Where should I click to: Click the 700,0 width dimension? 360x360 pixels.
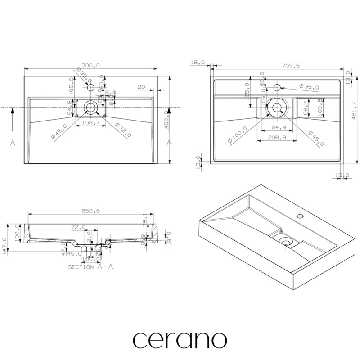coord(91,66)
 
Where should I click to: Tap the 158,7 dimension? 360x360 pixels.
coord(91,123)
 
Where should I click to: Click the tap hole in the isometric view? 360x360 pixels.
coord(300,218)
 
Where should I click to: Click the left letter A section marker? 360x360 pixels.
coord(13,143)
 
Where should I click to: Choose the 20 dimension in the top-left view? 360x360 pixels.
coord(141,87)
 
